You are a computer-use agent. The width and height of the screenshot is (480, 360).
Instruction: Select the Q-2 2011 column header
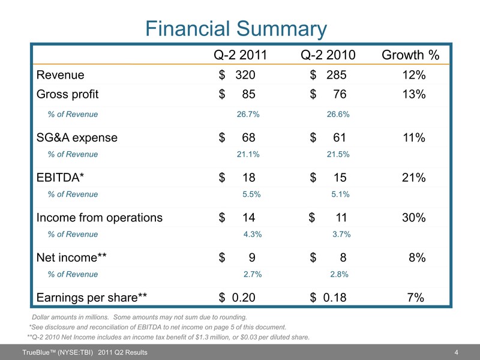click(x=239, y=56)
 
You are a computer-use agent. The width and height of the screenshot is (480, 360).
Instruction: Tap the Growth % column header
click(x=411, y=56)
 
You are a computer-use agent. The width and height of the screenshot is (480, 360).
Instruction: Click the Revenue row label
click(x=61, y=76)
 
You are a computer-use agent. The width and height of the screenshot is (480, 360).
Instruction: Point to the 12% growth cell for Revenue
click(x=414, y=76)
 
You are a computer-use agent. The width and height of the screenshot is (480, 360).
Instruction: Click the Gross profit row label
click(x=68, y=94)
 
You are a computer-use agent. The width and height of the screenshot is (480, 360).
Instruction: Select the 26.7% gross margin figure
click(x=248, y=114)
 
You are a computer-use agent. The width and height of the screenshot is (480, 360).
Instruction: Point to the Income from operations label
click(x=100, y=218)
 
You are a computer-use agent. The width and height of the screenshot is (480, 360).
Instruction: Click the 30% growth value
click(x=414, y=218)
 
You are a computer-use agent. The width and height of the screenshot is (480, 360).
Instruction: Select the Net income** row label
click(x=72, y=258)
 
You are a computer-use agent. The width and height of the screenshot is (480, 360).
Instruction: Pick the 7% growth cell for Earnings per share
click(x=416, y=297)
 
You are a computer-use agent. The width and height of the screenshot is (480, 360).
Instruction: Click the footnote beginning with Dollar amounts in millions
click(x=139, y=317)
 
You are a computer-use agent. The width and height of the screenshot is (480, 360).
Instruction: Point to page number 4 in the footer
click(x=457, y=352)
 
